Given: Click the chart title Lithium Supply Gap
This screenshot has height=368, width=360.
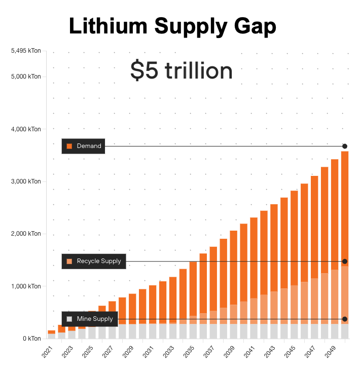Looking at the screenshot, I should click(x=172, y=26).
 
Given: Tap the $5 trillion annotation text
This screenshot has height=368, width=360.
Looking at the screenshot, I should click(x=182, y=70).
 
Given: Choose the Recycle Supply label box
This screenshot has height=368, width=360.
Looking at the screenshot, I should click(x=94, y=261).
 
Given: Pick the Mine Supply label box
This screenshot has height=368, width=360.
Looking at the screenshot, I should click(x=90, y=319).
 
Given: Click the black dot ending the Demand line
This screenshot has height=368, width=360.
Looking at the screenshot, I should click(x=345, y=146).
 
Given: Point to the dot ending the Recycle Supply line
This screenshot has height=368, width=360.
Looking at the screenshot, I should click(x=345, y=261).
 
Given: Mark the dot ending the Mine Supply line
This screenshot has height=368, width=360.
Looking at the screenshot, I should click(x=345, y=319).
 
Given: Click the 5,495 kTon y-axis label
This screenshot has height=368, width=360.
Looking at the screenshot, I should click(x=25, y=51).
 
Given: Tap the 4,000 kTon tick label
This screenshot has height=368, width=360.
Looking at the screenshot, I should click(x=27, y=129).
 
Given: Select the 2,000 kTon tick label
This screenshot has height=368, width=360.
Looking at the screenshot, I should click(x=27, y=234).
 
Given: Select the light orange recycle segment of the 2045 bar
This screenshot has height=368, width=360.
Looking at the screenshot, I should click(x=294, y=304).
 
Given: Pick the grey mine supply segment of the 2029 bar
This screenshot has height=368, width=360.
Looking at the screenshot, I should click(x=133, y=331).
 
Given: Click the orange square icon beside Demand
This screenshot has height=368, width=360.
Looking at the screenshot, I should click(x=69, y=146).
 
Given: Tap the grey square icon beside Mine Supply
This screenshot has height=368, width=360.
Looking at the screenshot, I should click(x=69, y=319).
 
